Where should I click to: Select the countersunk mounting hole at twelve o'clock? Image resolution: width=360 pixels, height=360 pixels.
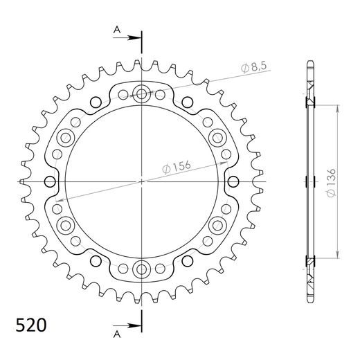142,93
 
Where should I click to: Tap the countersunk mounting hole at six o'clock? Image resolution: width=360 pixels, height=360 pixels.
142,269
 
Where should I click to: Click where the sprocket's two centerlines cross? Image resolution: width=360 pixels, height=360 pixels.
142,181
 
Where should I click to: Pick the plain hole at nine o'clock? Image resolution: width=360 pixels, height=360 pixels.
49,181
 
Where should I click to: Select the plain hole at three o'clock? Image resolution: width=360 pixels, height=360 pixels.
235,181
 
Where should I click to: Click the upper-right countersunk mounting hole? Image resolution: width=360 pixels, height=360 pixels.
217,137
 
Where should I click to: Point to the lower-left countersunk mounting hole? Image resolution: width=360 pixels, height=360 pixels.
66,225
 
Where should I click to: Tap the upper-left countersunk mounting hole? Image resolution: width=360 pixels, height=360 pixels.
66,137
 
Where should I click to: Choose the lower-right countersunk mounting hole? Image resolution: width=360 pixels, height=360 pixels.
217,225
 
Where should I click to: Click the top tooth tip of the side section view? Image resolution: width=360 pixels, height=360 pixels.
309,64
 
